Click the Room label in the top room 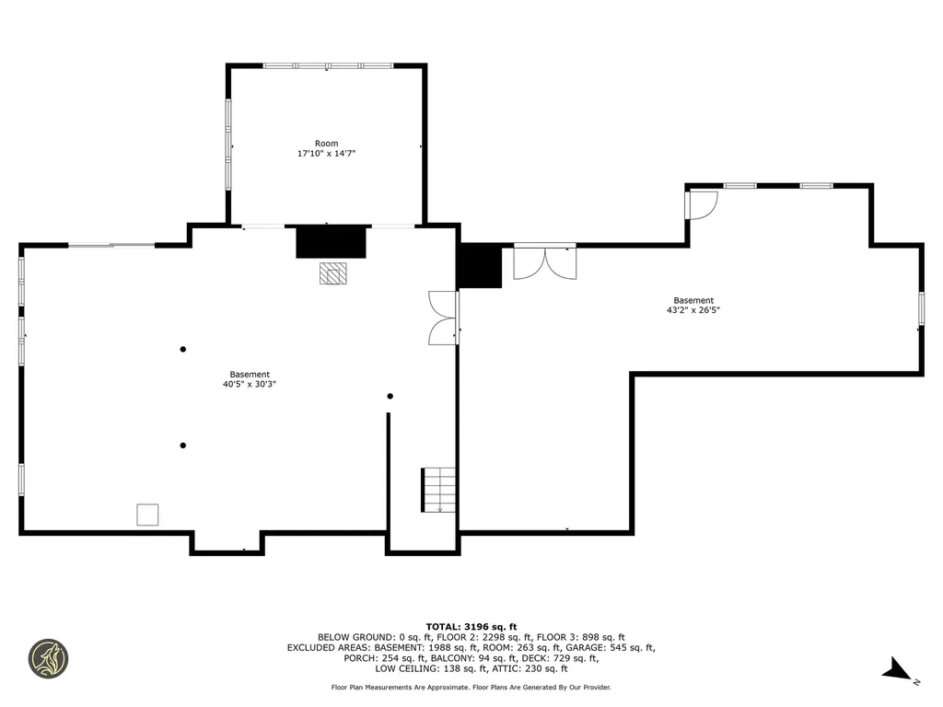pyautogui.click(x=327, y=144)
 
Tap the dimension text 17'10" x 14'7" pyautogui.click(x=327, y=154)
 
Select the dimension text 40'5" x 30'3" pyautogui.click(x=250, y=384)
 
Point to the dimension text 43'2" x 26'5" pyautogui.click(x=693, y=310)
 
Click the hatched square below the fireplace pyautogui.click(x=333, y=272)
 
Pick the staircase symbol pyautogui.click(x=437, y=490)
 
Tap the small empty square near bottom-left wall pyautogui.click(x=147, y=515)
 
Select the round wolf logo pyautogui.click(x=49, y=659)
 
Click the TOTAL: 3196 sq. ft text pyautogui.click(x=471, y=626)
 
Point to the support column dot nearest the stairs pyautogui.click(x=390, y=396)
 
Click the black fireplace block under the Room pyautogui.click(x=331, y=242)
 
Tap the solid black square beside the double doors pyautogui.click(x=479, y=265)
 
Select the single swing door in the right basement pyautogui.click(x=701, y=205)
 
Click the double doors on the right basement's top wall pyautogui.click(x=545, y=262)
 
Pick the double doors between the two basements pyautogui.click(x=444, y=318)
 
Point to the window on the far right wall pyautogui.click(x=921, y=309)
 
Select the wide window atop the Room pyautogui.click(x=329, y=65)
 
